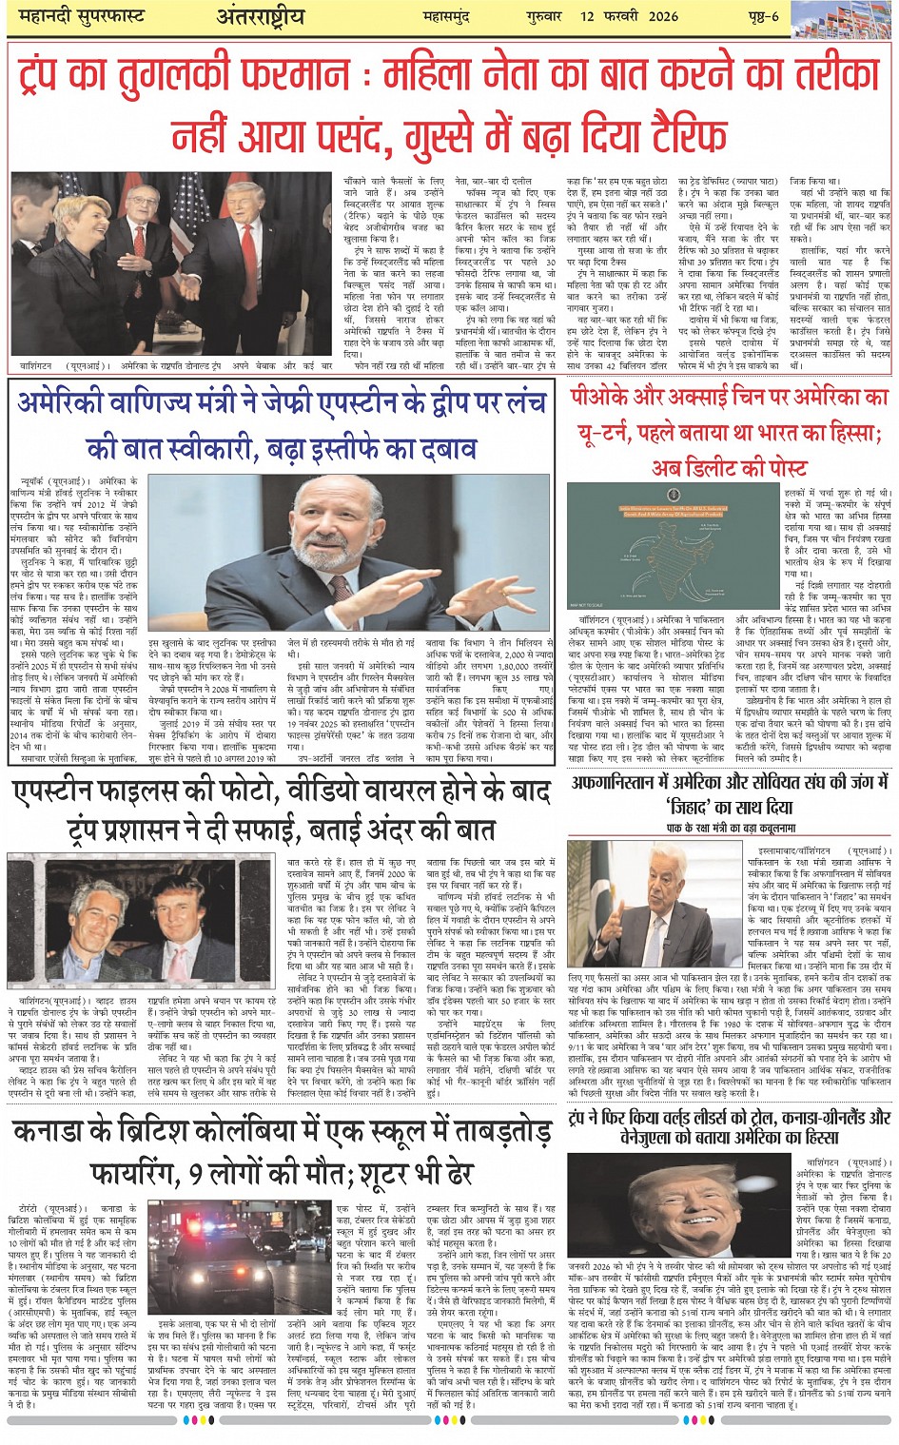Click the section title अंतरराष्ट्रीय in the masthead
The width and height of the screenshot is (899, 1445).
click(262, 16)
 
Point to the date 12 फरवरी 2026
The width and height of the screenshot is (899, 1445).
click(631, 15)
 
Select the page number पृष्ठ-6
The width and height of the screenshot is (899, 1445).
click(759, 15)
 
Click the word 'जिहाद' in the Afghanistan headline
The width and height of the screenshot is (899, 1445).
click(696, 809)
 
